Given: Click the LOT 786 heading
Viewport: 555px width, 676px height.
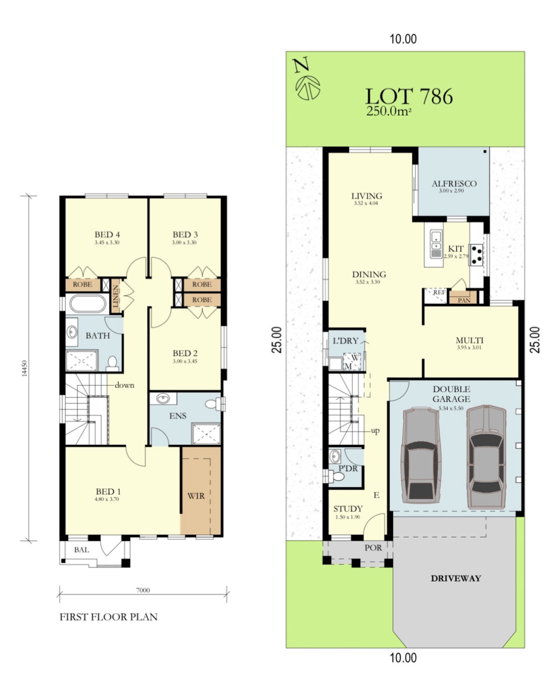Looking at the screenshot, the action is (x=409, y=96).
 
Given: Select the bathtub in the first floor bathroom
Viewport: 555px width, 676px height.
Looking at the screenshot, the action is (x=88, y=303).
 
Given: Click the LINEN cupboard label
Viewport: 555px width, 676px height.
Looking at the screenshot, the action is (x=116, y=296).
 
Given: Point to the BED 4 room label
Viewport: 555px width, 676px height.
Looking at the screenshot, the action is (x=107, y=235).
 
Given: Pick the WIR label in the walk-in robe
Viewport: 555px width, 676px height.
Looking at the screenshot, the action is (x=195, y=496).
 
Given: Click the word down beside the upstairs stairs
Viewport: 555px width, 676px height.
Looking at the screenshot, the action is (x=124, y=385).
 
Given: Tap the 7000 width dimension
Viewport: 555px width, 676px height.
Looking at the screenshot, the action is (x=143, y=590).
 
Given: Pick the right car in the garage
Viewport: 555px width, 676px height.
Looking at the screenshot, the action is (x=486, y=457).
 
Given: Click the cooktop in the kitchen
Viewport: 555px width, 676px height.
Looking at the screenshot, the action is (x=477, y=255).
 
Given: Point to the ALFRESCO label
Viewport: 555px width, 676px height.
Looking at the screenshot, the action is (x=454, y=184).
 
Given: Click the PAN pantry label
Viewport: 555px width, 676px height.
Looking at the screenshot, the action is (x=464, y=300).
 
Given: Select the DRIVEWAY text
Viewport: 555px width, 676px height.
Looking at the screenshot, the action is (x=456, y=578).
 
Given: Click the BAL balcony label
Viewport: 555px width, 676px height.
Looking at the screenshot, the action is (x=81, y=550).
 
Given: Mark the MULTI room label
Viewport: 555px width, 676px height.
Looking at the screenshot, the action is (x=469, y=340).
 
